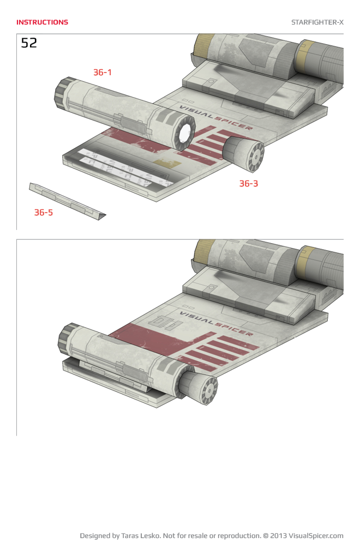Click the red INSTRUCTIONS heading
[42, 22]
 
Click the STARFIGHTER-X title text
[317, 22]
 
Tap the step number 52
[29, 43]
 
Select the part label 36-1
[102, 72]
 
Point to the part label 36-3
[248, 184]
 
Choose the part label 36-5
[44, 213]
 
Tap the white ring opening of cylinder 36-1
[185, 133]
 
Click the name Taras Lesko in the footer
[142, 536]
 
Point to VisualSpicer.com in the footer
[316, 536]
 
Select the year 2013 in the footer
[279, 536]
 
